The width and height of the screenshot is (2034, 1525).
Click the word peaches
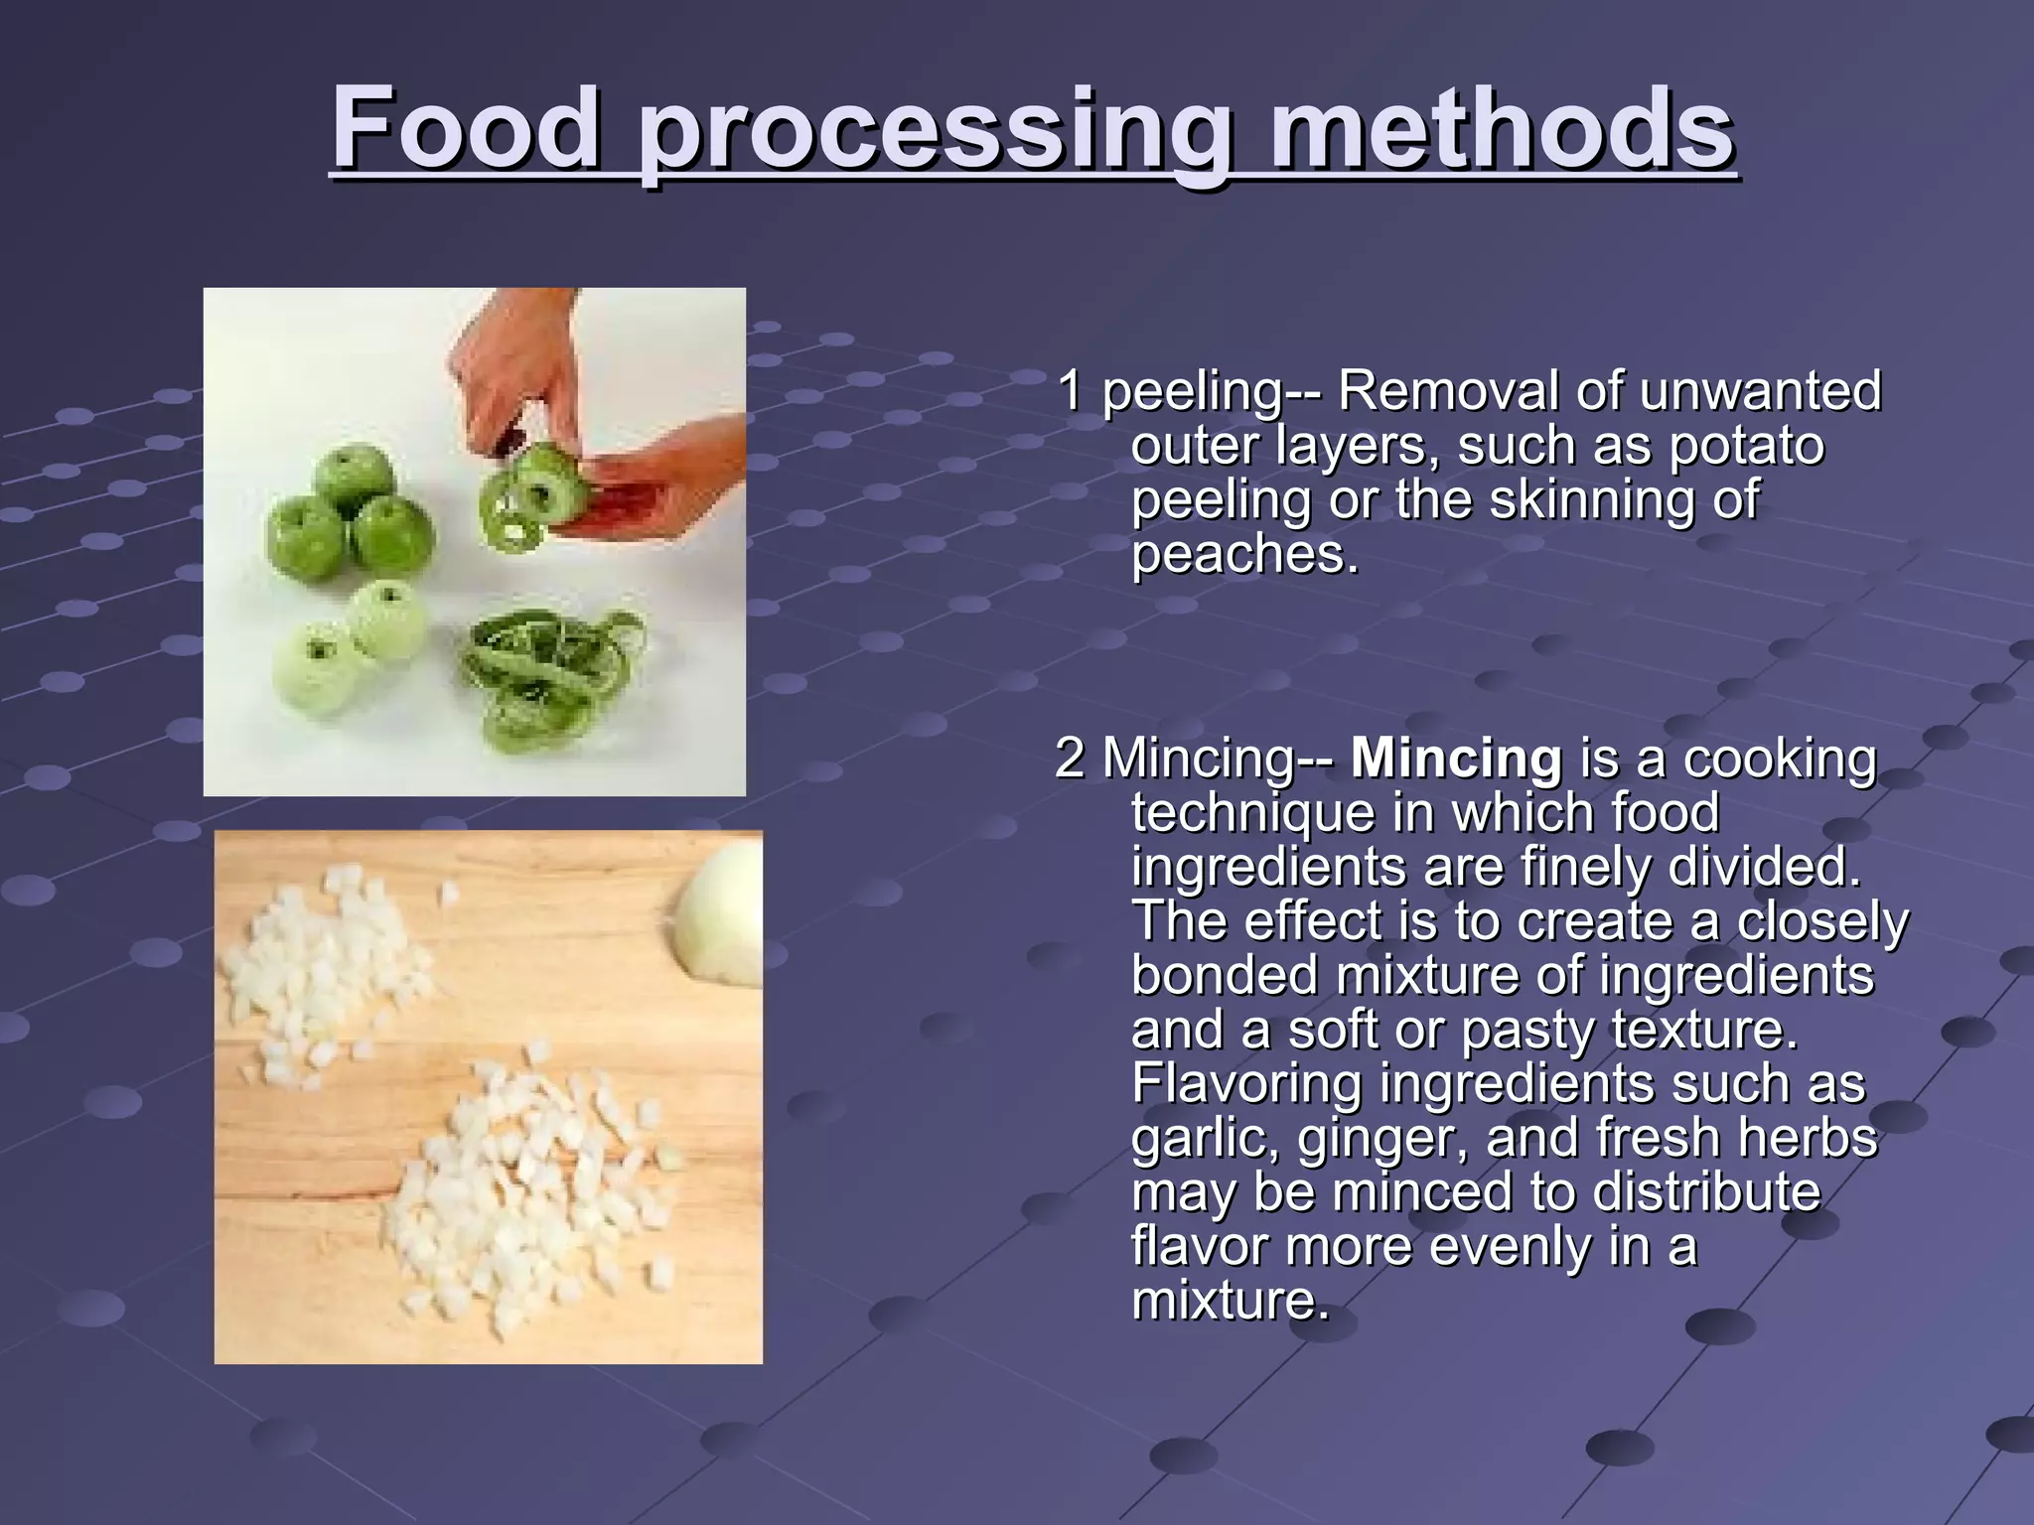click(1243, 554)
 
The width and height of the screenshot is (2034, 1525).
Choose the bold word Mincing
click(1456, 759)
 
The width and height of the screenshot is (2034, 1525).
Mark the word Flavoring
click(1246, 1084)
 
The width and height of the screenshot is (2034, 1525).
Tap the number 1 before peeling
click(1069, 390)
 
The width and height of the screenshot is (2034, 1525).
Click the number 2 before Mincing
click(1069, 759)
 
